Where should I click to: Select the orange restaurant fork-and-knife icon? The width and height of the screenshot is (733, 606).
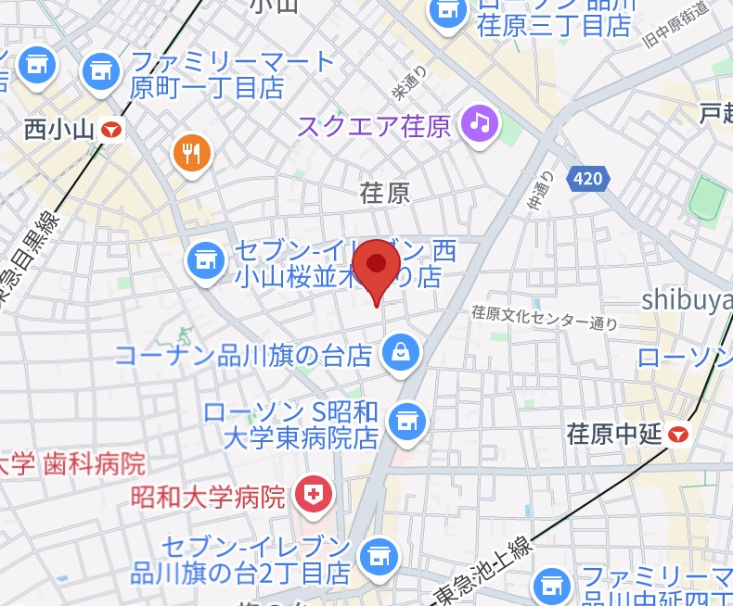click(192, 153)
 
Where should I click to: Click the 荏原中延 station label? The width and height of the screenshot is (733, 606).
click(615, 433)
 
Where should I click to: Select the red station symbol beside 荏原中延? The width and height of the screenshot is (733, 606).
click(681, 433)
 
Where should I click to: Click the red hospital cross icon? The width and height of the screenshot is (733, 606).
click(312, 497)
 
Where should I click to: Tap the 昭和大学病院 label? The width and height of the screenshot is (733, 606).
click(209, 498)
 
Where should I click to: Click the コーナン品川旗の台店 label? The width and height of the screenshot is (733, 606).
click(243, 355)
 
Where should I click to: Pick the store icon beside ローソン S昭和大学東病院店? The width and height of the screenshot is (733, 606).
click(405, 420)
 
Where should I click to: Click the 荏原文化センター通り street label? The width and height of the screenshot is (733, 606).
click(544, 318)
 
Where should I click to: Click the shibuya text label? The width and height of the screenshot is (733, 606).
click(688, 299)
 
